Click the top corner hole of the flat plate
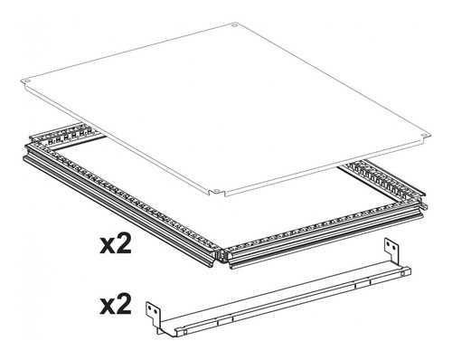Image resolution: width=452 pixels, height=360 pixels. [234, 25]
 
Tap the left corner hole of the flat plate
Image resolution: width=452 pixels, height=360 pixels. [27, 81]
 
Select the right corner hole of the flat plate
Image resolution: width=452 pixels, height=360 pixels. [423, 135]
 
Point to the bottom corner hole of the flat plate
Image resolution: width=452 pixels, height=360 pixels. [216, 191]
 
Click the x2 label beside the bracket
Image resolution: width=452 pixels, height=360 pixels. [116, 304]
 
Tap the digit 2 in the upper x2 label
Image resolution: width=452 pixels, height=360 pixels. [124, 243]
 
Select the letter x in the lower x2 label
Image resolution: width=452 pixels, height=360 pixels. [108, 308]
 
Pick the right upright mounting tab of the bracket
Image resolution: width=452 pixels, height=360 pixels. [391, 251]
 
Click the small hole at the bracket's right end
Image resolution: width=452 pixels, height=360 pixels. [402, 274]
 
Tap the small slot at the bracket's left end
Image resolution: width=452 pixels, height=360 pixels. [184, 332]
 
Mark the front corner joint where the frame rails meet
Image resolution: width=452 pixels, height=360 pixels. [221, 254]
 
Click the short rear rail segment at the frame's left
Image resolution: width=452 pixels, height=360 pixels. [65, 134]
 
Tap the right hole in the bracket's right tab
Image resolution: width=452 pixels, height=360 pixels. [393, 247]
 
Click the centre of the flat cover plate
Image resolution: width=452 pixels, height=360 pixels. [224, 109]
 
